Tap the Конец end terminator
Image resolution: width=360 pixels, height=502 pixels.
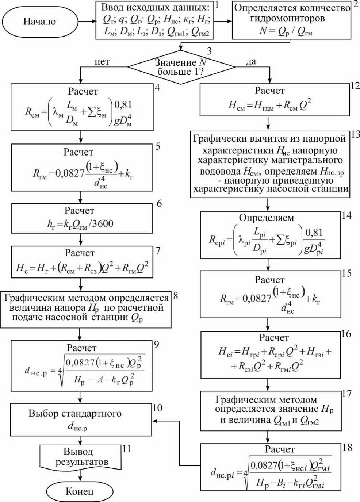point(80,491)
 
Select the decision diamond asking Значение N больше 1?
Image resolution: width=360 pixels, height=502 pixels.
point(181,67)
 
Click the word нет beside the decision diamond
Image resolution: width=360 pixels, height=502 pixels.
point(102,62)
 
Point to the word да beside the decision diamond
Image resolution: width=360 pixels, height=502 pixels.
point(251,61)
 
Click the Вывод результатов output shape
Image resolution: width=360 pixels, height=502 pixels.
point(80,457)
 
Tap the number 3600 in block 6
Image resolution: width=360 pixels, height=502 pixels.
point(103,223)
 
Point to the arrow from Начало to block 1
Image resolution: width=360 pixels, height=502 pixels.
point(87,21)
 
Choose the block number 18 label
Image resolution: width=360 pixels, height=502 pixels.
point(347,447)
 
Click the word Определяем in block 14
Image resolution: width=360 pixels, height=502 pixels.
point(267,218)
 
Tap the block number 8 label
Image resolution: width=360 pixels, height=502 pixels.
point(176,296)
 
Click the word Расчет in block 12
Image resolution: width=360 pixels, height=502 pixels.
point(269,91)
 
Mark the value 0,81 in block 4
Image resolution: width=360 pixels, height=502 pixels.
point(123,105)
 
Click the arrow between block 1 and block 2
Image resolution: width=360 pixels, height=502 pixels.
point(223,21)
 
